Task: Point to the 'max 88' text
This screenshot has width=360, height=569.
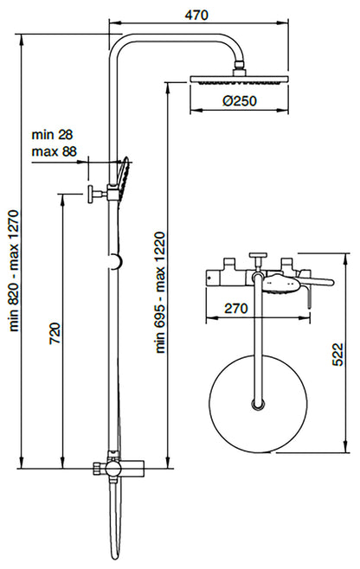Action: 54,151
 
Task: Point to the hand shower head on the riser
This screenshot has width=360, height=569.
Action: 126,176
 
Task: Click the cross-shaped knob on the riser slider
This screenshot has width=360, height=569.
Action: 91,192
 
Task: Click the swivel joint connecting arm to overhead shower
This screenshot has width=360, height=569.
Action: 240,66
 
